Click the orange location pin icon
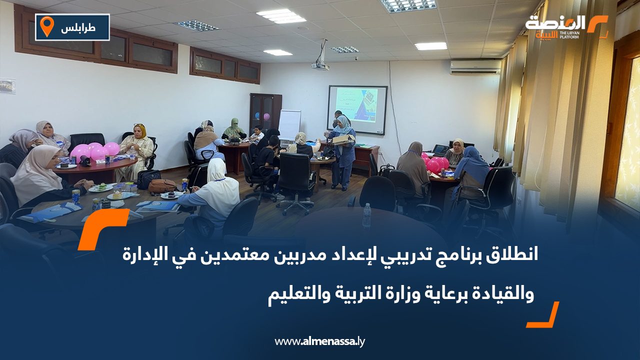46,26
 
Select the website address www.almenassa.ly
320,341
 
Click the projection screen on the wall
357,109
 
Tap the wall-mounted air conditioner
475,67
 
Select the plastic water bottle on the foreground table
366,215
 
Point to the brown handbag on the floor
162,186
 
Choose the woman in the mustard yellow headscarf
138,150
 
